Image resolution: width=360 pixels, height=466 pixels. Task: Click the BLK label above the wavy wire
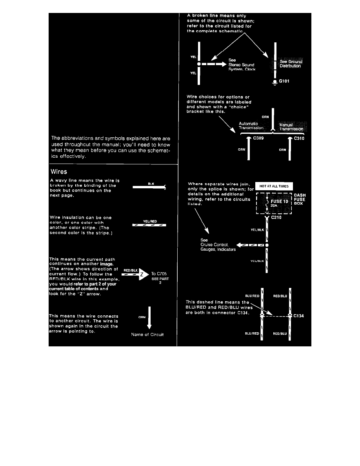coord(151,183)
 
